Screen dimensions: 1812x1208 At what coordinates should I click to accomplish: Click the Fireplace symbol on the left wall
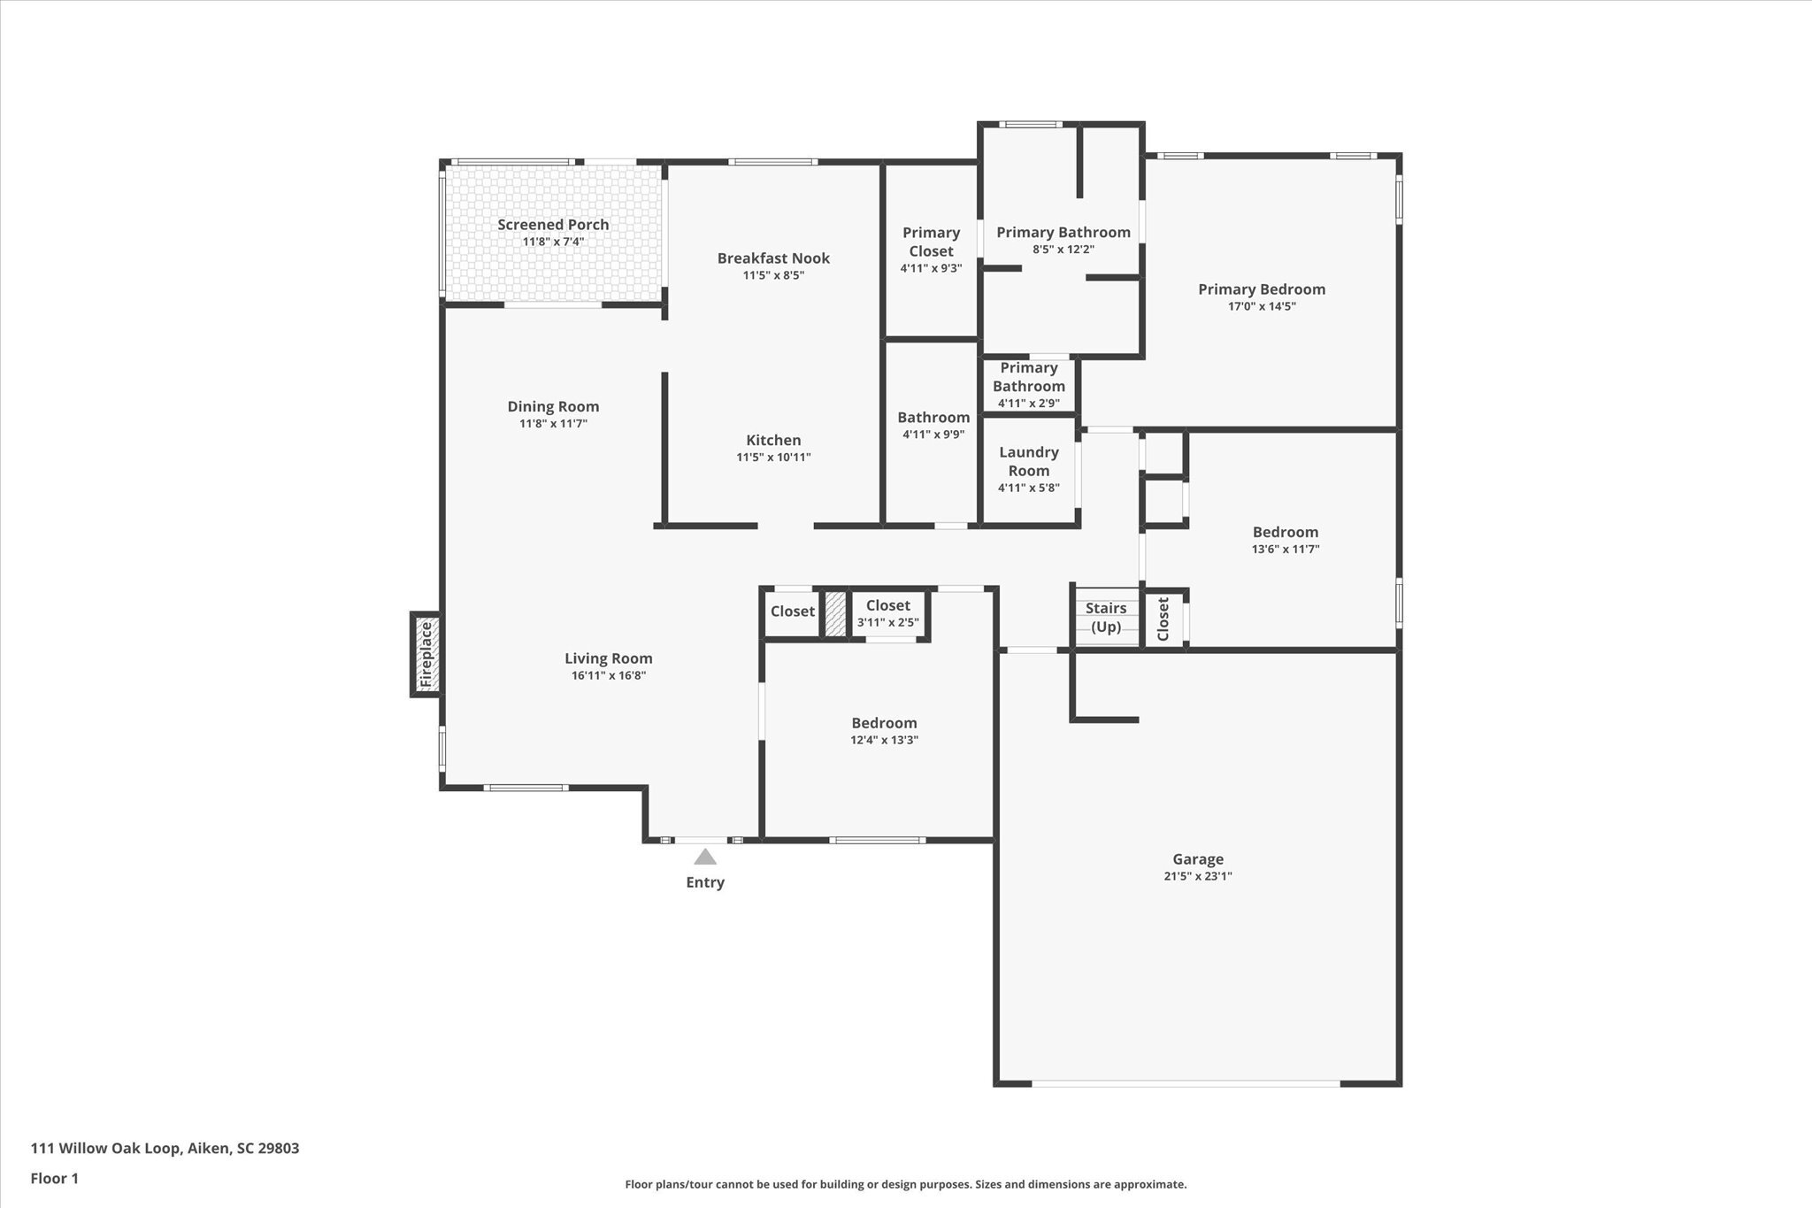[x=426, y=654]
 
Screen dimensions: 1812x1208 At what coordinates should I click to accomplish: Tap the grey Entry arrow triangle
[x=705, y=857]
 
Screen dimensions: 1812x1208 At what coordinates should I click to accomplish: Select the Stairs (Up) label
[x=1106, y=618]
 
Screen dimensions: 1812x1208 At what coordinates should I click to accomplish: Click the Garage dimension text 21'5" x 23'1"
[x=1198, y=876]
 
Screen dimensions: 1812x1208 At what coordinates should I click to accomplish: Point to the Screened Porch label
[x=553, y=225]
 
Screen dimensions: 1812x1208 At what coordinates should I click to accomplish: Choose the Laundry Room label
[x=1029, y=461]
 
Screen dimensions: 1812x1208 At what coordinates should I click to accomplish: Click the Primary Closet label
[x=931, y=242]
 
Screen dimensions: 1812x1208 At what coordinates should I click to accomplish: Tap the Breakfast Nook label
[x=773, y=258]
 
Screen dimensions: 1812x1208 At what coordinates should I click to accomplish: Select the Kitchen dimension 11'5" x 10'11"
[x=773, y=458]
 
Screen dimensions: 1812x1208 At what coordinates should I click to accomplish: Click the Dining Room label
[x=553, y=407]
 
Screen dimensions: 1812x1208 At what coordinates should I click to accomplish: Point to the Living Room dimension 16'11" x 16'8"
[x=609, y=675]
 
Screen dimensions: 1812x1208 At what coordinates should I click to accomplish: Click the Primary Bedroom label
[x=1262, y=289]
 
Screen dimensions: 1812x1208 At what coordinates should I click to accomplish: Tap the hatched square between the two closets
[x=834, y=612]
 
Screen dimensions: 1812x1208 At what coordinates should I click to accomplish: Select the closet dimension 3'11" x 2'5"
[x=887, y=622]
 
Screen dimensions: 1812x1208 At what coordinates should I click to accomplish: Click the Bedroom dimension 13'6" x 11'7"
[x=1286, y=549]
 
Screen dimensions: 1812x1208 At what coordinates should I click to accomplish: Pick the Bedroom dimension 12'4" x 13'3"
[x=884, y=740]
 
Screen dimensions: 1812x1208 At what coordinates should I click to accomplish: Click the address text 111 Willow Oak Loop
[x=106, y=1149]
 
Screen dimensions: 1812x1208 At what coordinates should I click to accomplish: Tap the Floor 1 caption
[x=55, y=1178]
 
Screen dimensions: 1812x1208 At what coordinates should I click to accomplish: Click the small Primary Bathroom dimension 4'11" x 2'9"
[x=1029, y=403]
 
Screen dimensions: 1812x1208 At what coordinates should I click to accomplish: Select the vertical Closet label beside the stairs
[x=1163, y=619]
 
